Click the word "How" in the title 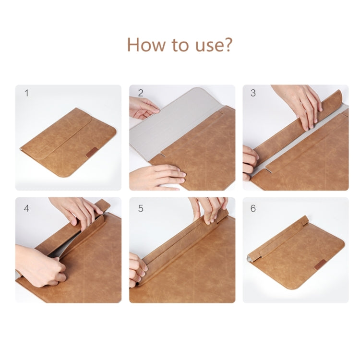click(x=146, y=45)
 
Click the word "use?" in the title click(x=214, y=45)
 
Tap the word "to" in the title click(x=180, y=45)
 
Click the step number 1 click(x=26, y=93)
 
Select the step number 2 click(x=141, y=93)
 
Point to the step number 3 click(x=253, y=93)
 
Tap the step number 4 click(x=26, y=208)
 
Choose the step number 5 click(x=141, y=208)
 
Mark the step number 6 click(x=253, y=208)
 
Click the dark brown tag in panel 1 click(x=92, y=153)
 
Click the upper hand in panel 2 click(x=144, y=108)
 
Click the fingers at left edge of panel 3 click(x=250, y=163)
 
